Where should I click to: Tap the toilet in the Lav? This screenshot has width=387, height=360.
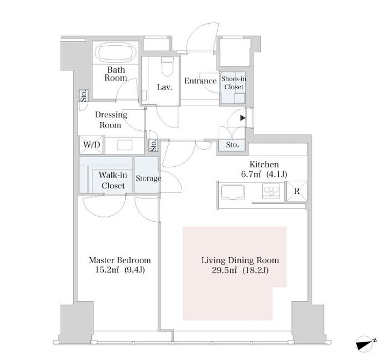tap(167, 66)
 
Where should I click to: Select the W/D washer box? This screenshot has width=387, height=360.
tap(91, 145)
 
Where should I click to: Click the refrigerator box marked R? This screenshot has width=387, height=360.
tap(297, 191)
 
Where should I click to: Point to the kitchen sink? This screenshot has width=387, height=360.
tap(233, 192)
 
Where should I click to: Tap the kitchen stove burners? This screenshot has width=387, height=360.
tap(271, 191)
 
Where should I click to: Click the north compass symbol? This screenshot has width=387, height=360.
tap(366, 344)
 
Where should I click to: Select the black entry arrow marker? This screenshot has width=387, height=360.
tap(243, 118)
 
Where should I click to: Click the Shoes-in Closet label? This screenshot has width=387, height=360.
tap(233, 83)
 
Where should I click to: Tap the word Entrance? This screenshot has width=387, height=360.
tap(200, 81)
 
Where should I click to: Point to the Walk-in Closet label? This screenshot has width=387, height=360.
tap(113, 180)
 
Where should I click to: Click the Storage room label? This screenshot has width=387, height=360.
tap(148, 178)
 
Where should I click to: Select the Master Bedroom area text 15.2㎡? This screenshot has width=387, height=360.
tap(107, 270)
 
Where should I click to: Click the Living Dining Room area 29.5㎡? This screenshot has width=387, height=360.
tap(224, 270)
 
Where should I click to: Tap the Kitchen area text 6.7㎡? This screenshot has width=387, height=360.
tap(251, 174)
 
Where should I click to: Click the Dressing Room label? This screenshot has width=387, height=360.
tap(111, 119)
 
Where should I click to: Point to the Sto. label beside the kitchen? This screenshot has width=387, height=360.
tap(233, 145)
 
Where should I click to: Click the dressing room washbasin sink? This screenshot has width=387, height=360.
tap(124, 145)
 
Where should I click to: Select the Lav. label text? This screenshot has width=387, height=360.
tap(164, 87)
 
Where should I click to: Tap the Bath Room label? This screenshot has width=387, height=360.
tap(116, 74)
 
